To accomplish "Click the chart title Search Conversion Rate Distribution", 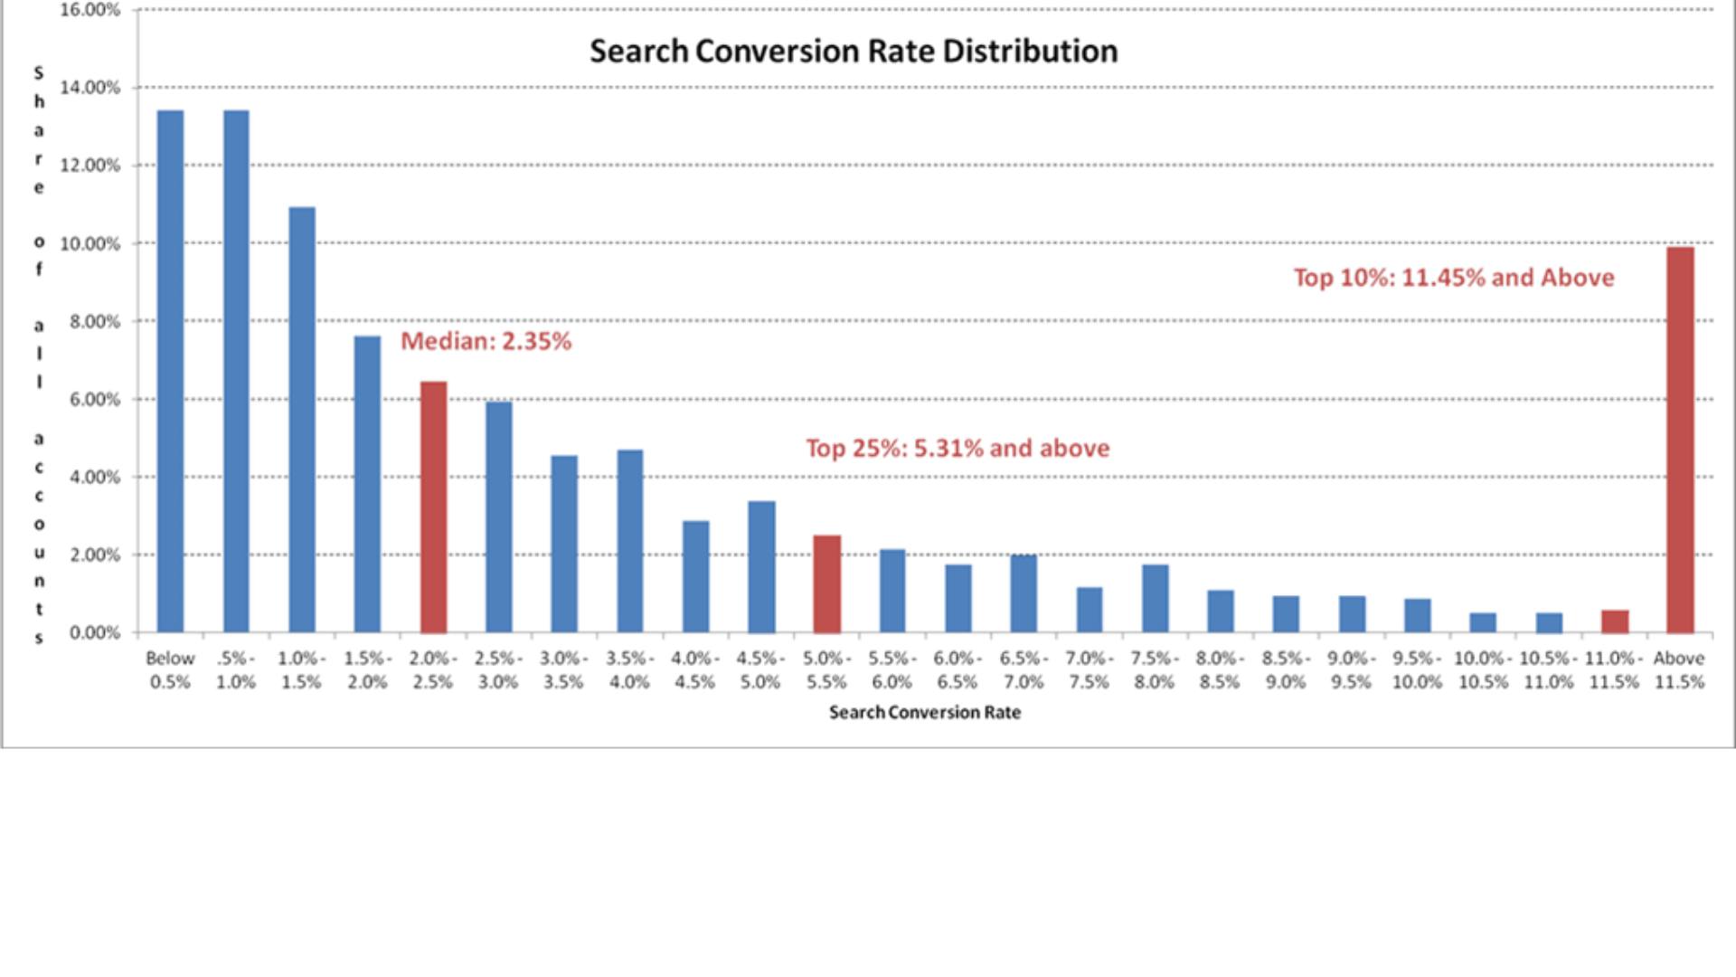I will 854,51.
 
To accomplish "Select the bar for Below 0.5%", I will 170,371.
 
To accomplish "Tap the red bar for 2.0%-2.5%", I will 433,507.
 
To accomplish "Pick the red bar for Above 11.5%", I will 1680,440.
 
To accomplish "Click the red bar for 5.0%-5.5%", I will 826,583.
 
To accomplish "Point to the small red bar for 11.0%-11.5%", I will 1615,621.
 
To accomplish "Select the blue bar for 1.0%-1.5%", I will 302,420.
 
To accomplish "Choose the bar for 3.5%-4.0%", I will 630,541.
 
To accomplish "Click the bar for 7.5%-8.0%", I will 1155,598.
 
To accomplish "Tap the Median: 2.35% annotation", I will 486,341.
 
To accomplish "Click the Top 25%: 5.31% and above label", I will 958,448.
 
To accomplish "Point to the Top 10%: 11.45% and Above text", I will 1453,278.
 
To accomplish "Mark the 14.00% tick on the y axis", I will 90,88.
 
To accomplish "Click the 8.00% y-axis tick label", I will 94,322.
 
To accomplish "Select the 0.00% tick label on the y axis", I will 94,633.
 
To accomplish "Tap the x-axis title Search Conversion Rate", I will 924,713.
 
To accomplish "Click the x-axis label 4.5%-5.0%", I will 760,670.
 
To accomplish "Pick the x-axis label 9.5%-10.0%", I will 1417,670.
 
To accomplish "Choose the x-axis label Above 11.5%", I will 1679,670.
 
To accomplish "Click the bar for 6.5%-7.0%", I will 1024,593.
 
